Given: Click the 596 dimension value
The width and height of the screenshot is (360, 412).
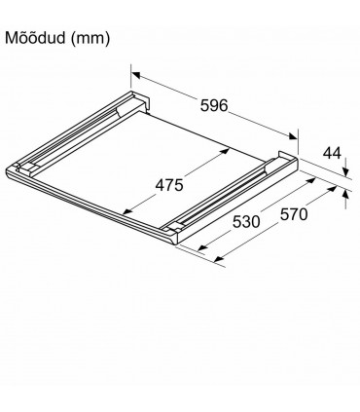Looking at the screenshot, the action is [x=214, y=105].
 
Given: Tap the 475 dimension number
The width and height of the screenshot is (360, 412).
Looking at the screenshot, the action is [x=169, y=185].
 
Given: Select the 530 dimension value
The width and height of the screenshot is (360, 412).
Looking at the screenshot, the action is [x=246, y=222].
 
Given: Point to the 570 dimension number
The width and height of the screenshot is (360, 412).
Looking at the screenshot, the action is [x=294, y=214].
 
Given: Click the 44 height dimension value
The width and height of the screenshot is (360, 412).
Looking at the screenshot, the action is [x=332, y=153].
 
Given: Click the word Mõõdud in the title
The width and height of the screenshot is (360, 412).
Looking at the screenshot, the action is [x=35, y=38].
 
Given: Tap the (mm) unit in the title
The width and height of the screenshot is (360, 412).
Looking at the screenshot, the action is [x=90, y=39].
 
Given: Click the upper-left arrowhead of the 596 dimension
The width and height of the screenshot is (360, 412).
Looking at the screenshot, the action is [x=136, y=75].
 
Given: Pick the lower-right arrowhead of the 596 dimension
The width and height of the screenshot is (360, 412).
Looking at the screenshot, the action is [x=293, y=135].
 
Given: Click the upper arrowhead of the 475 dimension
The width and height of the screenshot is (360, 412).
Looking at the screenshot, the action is [x=226, y=151].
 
